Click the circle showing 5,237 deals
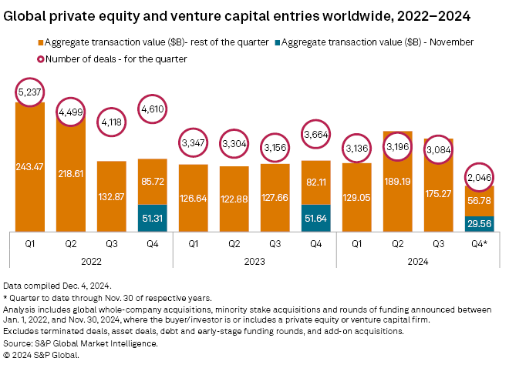pyautogui.click(x=30, y=94)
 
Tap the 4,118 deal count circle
pyautogui.click(x=112, y=121)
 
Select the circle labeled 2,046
pyautogui.click(x=480, y=177)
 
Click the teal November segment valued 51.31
pyautogui.click(x=153, y=217)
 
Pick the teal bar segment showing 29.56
pyautogui.click(x=480, y=222)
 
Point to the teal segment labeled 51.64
pyautogui.click(x=316, y=217)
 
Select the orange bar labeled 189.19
pyautogui.click(x=398, y=182)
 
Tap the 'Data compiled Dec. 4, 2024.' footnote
pyautogui.click(x=57, y=285)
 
